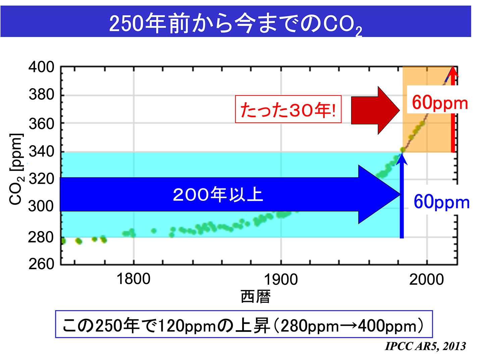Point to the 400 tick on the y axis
[x=41, y=67]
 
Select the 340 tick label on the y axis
[x=41, y=152]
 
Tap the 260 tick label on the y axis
[x=41, y=264]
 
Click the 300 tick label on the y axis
[x=41, y=206]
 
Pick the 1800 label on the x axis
[x=133, y=279]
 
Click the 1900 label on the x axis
[x=281, y=279]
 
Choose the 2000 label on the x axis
[x=426, y=279]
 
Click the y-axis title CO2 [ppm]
[x=16, y=169]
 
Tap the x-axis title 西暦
[x=256, y=297]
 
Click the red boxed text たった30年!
[x=288, y=110]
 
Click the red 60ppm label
[x=440, y=103]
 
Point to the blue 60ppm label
[x=441, y=202]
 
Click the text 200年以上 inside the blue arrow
[x=218, y=194]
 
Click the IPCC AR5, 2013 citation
[x=425, y=346]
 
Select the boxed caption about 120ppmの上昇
[x=244, y=324]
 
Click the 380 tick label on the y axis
[x=41, y=95]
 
